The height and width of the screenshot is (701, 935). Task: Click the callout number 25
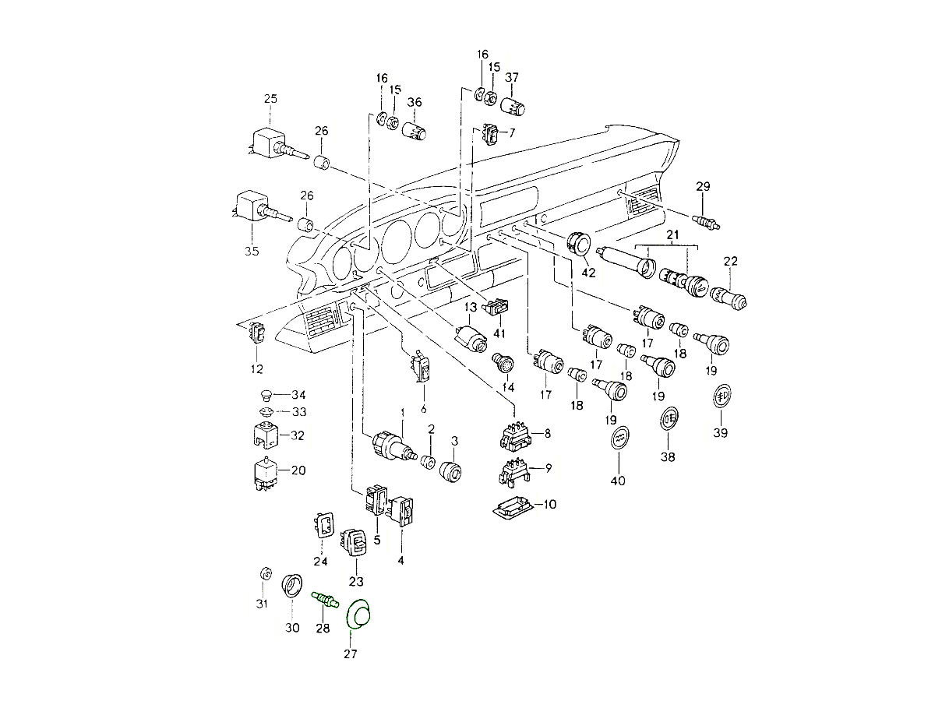coord(270,98)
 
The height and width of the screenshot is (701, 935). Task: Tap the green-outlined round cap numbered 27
coord(360,614)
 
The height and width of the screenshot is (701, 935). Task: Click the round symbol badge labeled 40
coord(618,439)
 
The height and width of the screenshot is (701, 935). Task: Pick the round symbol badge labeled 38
coord(669,418)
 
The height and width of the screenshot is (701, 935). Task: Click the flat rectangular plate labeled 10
coord(513,506)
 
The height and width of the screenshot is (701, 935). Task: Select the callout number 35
coord(251,251)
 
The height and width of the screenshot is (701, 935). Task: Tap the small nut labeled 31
coord(264,575)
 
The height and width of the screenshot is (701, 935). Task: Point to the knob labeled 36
coord(414,129)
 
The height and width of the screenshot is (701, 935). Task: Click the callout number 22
coord(731,260)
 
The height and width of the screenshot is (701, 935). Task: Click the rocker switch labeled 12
coord(256,334)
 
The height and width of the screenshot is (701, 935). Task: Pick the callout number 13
coord(471,307)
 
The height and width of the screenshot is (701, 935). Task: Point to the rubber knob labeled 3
coord(450,472)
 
